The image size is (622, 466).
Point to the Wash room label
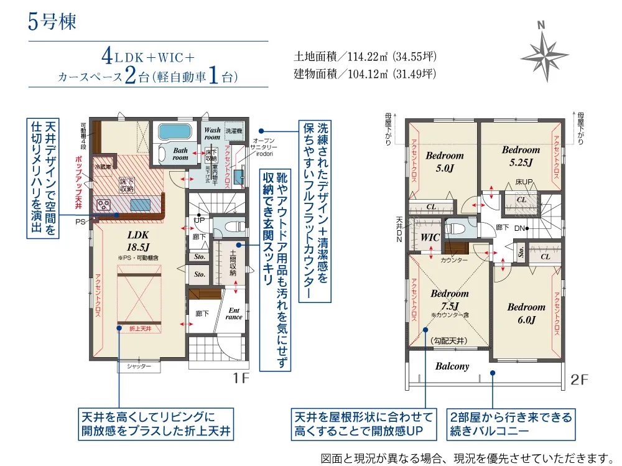click(x=212, y=134)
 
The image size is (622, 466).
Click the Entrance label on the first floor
click(x=234, y=313)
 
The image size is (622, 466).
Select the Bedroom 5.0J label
click(x=445, y=161)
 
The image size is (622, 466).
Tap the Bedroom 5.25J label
click(x=521, y=155)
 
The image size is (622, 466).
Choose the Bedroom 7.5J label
click(x=449, y=299)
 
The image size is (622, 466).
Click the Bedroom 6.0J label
click(x=526, y=313)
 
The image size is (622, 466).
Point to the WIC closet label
click(x=430, y=238)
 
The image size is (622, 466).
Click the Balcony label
click(x=452, y=366)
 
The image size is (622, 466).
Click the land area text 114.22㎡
click(x=365, y=57)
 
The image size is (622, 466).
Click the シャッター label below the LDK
click(x=139, y=367)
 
